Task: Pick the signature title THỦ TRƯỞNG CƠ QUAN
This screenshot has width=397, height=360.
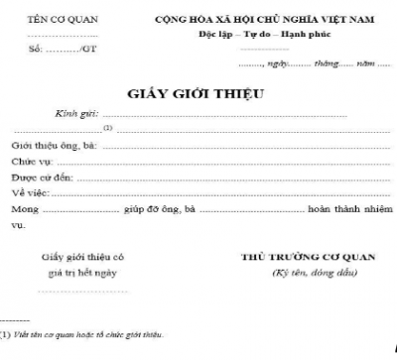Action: point(306,257)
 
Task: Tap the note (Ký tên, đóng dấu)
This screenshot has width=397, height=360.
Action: point(306,272)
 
